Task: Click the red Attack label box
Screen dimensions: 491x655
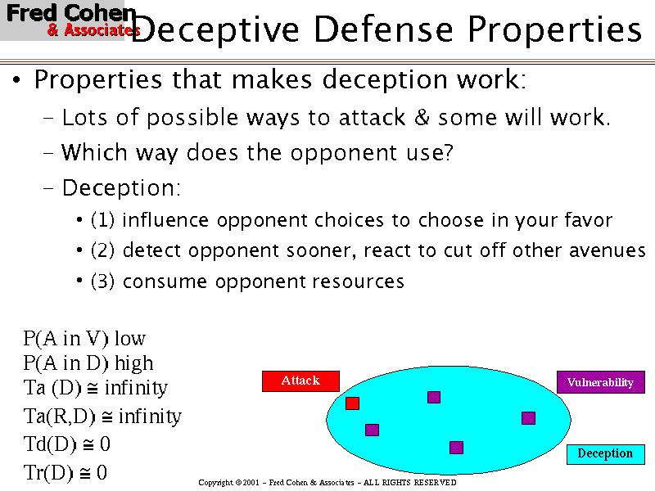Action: click(x=300, y=381)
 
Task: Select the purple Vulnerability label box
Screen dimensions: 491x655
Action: click(x=600, y=382)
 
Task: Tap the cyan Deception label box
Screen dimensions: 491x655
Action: click(x=605, y=453)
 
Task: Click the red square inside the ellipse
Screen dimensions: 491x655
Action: click(x=353, y=403)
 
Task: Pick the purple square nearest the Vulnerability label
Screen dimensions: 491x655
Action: click(x=528, y=418)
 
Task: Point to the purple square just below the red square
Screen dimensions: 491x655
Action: click(x=372, y=430)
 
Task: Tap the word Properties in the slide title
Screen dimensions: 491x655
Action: click(x=554, y=30)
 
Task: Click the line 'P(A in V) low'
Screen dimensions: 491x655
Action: click(x=84, y=338)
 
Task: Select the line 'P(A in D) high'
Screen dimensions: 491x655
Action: click(x=88, y=363)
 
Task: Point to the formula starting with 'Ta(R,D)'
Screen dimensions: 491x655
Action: click(x=102, y=417)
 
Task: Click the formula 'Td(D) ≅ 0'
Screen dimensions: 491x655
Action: click(x=67, y=444)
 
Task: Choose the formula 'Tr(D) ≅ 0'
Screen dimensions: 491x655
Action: click(x=65, y=472)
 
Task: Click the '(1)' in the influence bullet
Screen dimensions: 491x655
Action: click(x=102, y=221)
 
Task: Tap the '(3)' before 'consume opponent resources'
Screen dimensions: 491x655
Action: click(x=102, y=282)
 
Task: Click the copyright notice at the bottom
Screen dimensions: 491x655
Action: click(x=327, y=483)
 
